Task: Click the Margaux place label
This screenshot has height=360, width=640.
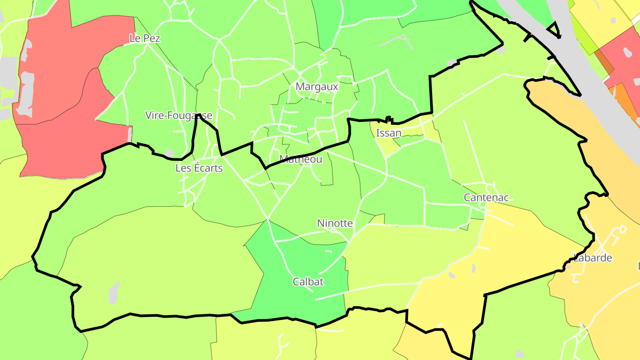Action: pos(317,87)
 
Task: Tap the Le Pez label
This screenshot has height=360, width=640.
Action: pos(144,38)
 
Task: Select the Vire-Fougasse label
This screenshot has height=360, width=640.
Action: pos(179,116)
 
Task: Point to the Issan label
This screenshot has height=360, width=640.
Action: pos(388,133)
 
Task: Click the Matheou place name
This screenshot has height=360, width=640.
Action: pos(300,159)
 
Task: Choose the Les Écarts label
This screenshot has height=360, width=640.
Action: pos(199,168)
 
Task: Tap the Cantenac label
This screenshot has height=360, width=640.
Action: pos(486,197)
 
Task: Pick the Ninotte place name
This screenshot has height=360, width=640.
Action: pos(335,223)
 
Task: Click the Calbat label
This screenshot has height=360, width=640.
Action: pos(308,281)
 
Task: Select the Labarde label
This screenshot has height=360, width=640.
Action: pos(593,258)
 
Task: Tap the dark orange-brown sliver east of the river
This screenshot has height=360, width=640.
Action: pos(604,62)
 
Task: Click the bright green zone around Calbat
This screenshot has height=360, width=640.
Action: pos(302,302)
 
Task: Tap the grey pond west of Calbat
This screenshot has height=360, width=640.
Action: pos(114,292)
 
